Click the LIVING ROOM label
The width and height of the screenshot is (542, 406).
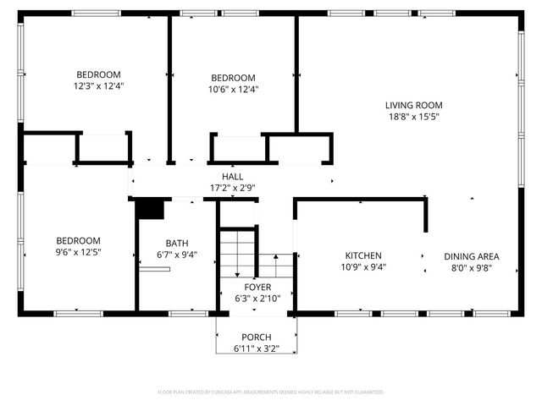click(x=413, y=106)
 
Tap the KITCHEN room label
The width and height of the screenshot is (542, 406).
click(x=362, y=255)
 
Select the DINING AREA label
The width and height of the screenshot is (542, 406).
click(x=472, y=256)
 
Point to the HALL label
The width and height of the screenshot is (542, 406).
click(x=232, y=177)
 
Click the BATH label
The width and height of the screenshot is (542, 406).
click(x=177, y=243)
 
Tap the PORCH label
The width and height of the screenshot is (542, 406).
click(x=257, y=337)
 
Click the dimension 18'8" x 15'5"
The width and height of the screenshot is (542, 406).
click(x=413, y=118)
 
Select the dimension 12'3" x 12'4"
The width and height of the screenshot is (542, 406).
click(x=99, y=85)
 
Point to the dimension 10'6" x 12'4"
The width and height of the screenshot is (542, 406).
click(x=233, y=89)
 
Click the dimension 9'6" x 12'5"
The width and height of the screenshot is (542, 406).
click(x=79, y=252)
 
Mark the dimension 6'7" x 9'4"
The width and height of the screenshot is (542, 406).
click(x=177, y=255)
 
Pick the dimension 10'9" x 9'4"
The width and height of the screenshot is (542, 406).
click(x=362, y=267)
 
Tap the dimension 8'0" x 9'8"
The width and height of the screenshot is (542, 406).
click(x=472, y=268)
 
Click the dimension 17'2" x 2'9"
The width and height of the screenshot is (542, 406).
click(x=232, y=188)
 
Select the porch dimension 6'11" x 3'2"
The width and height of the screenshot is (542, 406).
click(x=257, y=348)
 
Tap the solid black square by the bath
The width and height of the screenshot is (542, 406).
click(x=150, y=209)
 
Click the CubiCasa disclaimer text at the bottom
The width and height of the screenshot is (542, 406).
click(x=271, y=392)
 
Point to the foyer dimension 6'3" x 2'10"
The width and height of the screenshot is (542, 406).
click(x=257, y=299)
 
